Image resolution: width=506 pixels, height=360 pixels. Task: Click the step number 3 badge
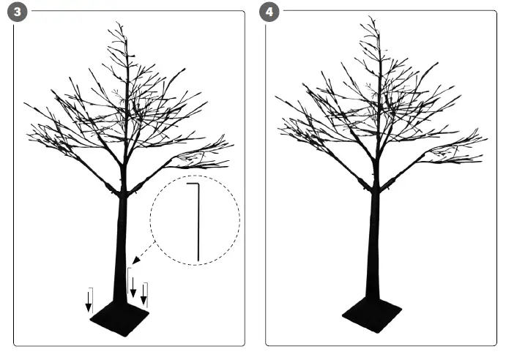pyautogui.click(x=15, y=13)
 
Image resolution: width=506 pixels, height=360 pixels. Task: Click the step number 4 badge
pyautogui.click(x=269, y=13)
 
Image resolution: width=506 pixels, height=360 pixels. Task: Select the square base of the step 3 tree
pyautogui.click(x=119, y=317)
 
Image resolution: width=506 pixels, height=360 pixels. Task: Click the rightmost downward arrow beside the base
pyautogui.click(x=144, y=294)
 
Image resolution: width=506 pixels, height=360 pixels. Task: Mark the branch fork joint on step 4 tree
pyautogui.click(x=375, y=186)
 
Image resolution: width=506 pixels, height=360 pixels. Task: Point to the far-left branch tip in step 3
pyautogui.click(x=25, y=105)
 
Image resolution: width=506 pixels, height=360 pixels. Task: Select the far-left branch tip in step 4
pyautogui.click(x=276, y=97)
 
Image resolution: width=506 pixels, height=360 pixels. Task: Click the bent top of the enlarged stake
pyautogui.click(x=192, y=184)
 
